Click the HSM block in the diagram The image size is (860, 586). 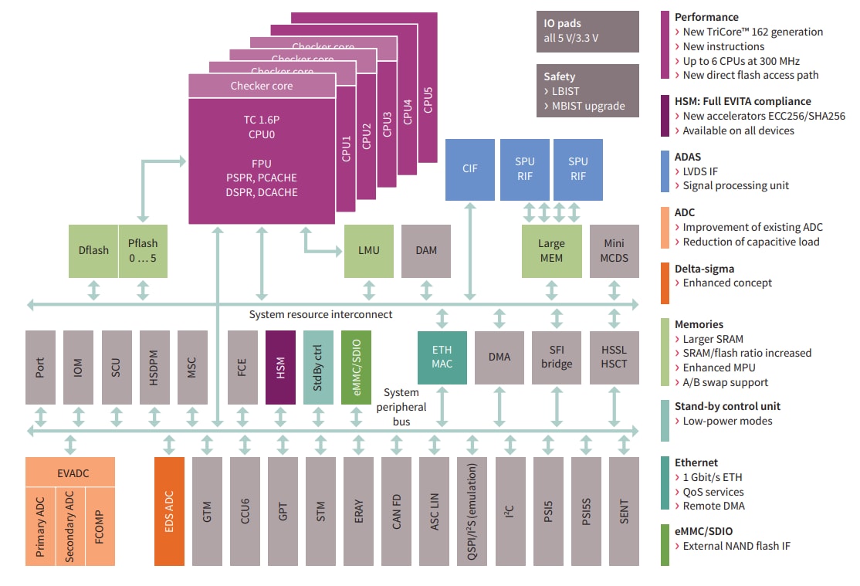point(280,368)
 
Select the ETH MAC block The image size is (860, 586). point(442,357)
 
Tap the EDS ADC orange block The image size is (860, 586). point(169,511)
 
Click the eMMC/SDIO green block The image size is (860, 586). point(356,368)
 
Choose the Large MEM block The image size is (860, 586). point(550,251)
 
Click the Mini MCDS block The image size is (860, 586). point(615,251)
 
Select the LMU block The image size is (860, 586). point(368,251)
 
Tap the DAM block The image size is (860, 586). point(426,251)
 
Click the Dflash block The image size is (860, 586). point(93,251)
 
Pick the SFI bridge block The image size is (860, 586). point(556,357)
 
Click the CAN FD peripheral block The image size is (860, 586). point(396,511)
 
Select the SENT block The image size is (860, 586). point(624,511)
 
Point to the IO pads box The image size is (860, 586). point(587,31)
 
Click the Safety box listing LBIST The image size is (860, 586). point(587,90)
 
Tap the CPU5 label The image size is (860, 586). point(428,100)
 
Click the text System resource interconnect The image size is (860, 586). point(320,314)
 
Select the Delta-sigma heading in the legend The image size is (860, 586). point(704,269)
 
